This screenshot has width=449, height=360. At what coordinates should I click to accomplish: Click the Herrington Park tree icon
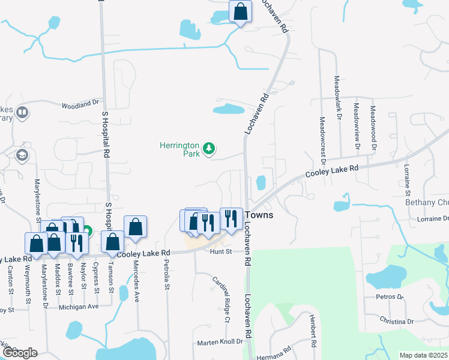[x=209, y=148]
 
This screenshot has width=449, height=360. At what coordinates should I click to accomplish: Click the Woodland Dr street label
[x=80, y=104]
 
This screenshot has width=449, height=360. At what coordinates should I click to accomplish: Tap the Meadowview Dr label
[x=357, y=125]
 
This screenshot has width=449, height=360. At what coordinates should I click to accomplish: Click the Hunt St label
[x=221, y=252]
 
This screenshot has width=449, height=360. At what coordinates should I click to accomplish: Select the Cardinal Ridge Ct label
[x=222, y=299]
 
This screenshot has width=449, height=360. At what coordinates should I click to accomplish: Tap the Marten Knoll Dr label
[x=220, y=342]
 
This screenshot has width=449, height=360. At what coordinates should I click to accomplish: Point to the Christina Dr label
[x=397, y=321]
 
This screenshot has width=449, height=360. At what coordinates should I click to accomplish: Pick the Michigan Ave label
[x=78, y=307]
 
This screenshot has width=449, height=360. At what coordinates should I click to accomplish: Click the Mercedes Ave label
[x=136, y=281]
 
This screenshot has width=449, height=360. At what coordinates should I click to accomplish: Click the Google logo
[x=20, y=353]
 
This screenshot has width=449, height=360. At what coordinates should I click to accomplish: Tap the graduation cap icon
[x=22, y=156]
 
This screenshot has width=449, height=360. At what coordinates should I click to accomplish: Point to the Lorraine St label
[x=407, y=180]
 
